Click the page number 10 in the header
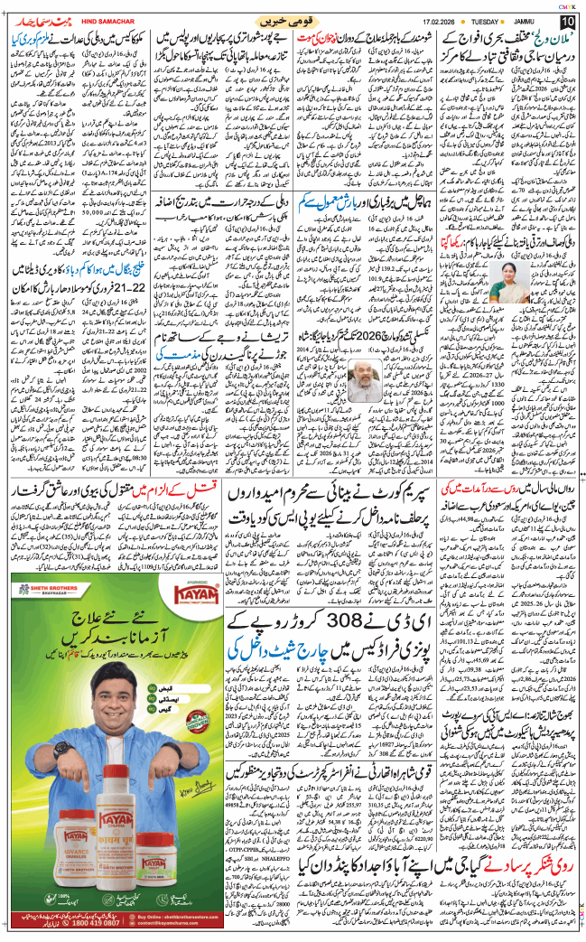point(567,21)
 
